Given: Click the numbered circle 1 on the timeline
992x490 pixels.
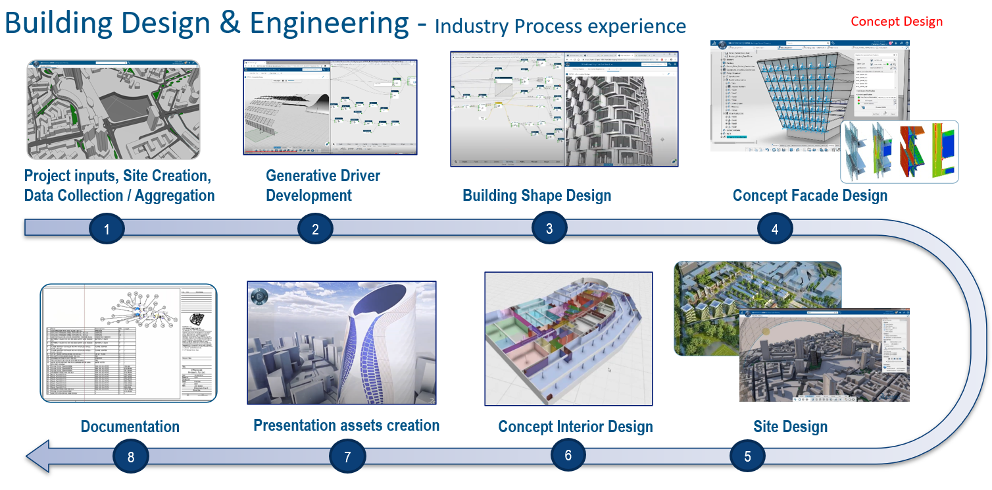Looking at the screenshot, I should pos(107,229).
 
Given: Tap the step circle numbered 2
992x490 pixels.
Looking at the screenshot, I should pos(315,229).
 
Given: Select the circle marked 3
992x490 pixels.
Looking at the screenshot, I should pos(549,229).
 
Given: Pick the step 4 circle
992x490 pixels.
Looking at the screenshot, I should pos(775,229).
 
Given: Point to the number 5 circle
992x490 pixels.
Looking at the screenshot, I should pos(747,456).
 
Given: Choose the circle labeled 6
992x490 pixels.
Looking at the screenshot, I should pos(568,455).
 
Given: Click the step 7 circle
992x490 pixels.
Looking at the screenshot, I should pos(347,456).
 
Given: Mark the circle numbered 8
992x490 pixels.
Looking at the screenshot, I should pos(131,456).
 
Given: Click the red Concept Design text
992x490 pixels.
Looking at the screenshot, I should pos(896,22).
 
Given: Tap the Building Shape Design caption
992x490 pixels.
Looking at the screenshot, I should pos(537,196).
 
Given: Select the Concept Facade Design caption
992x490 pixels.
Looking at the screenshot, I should pos(810,196).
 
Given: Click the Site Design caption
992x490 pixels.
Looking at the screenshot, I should pos(790,427).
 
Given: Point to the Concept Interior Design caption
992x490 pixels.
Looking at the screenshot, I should pos(576,427).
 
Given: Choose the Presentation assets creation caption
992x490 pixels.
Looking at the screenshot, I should pos(346,425).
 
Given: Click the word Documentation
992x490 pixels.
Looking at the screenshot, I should pos(130,427).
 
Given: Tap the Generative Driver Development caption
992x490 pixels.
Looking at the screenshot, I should pos(322,186).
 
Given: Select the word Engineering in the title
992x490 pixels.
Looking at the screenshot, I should pos(329,24).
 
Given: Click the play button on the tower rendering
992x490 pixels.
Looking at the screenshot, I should pos(260,296).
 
